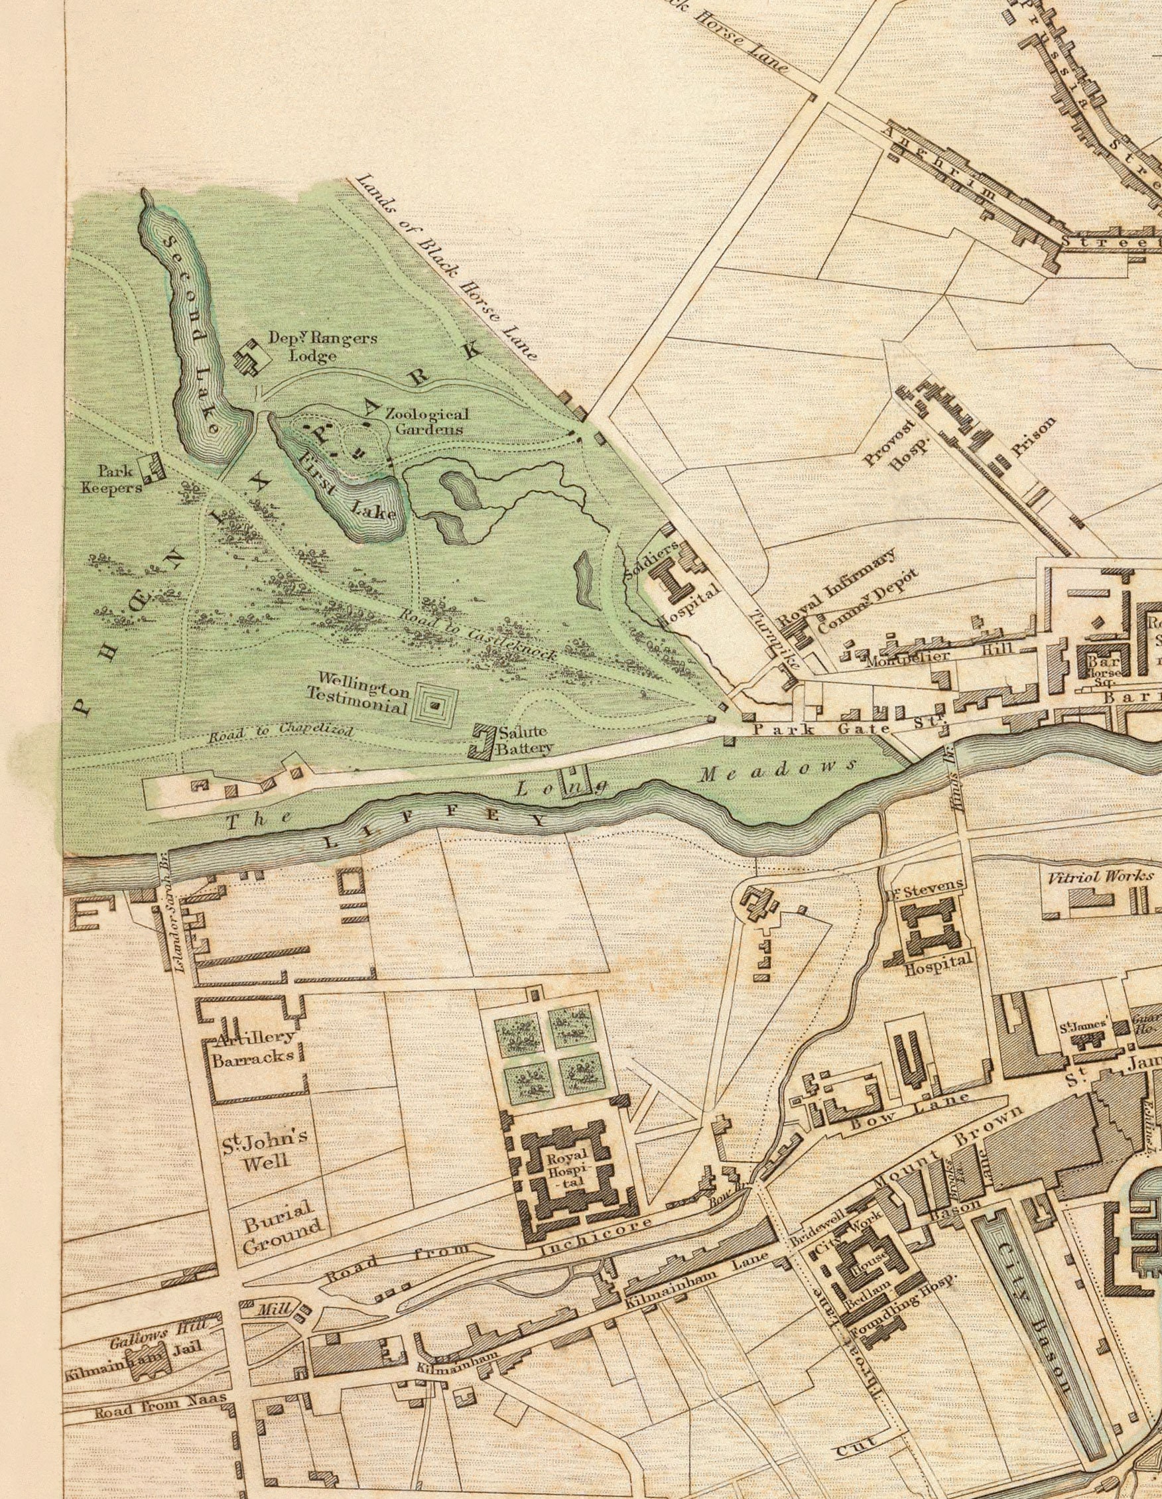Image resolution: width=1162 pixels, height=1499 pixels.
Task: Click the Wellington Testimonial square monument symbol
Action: (434, 703)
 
